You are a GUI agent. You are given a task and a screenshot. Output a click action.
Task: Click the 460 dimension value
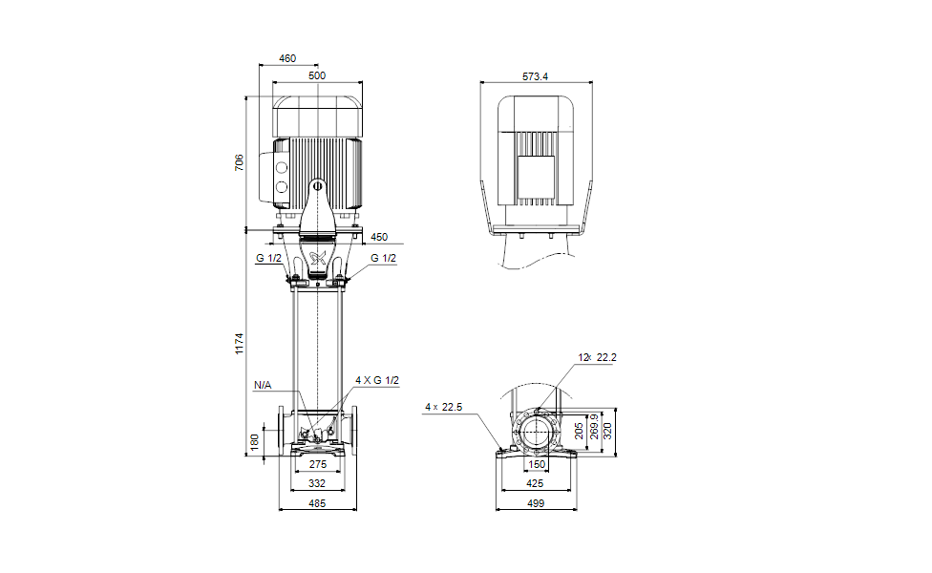pyautogui.click(x=287, y=58)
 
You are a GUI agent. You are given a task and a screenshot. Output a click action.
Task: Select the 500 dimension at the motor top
pyautogui.click(x=317, y=75)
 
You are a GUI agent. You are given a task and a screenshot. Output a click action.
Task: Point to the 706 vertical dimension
pyautogui.click(x=239, y=162)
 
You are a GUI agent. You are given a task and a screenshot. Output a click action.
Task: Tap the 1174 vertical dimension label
pyautogui.click(x=239, y=344)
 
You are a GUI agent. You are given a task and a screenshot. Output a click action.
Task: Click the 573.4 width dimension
pyautogui.click(x=535, y=76)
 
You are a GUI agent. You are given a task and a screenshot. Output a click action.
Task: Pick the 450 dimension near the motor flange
pyautogui.click(x=378, y=237)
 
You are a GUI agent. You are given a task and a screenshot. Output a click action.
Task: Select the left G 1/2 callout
pyautogui.click(x=268, y=258)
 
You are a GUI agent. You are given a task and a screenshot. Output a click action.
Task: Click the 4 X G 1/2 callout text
pyautogui.click(x=377, y=380)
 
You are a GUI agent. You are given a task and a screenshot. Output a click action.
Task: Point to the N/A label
pyautogui.click(x=262, y=385)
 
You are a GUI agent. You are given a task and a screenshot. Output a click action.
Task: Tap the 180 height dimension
pyautogui.click(x=254, y=441)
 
